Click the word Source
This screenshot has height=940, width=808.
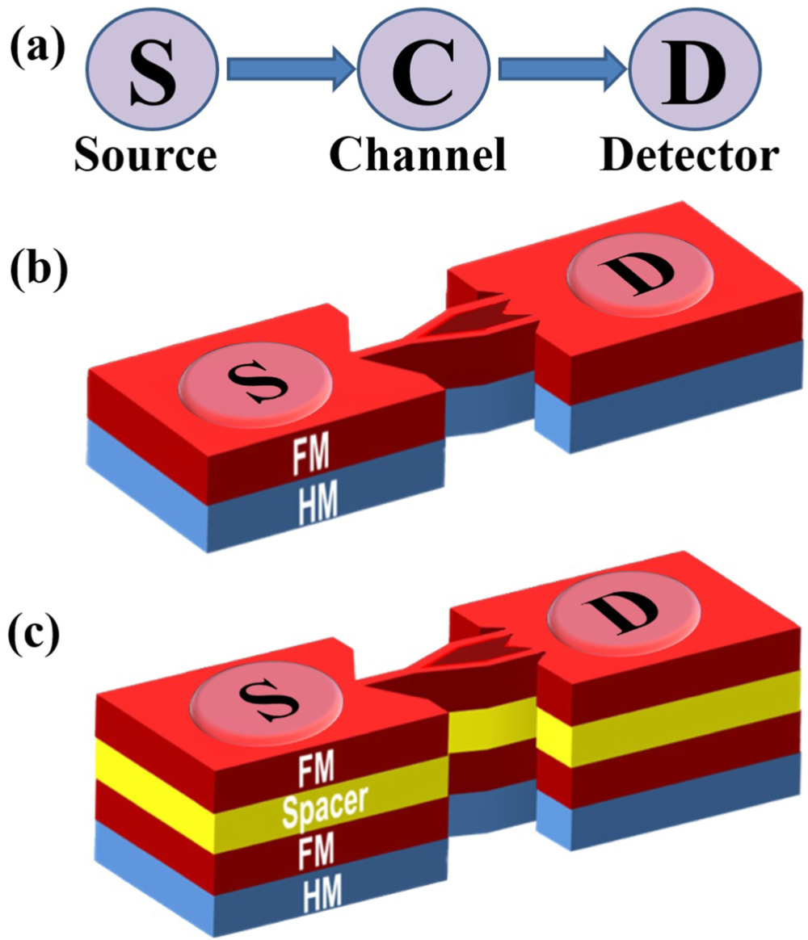tap(145, 156)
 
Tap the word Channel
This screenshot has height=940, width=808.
tap(418, 155)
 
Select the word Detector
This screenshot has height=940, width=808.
tap(690, 155)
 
